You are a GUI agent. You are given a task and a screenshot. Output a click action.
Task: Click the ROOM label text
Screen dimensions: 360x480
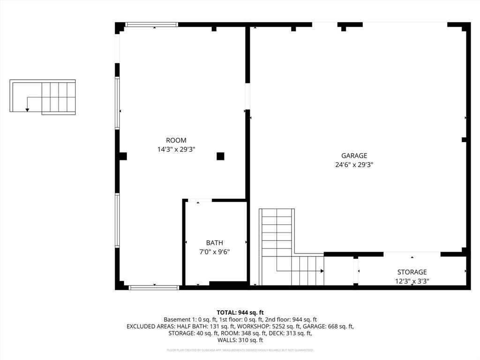click(176, 140)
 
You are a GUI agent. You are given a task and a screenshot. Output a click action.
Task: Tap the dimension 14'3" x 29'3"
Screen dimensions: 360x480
click(176, 150)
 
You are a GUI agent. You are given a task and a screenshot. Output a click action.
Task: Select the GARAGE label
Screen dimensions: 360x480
click(354, 156)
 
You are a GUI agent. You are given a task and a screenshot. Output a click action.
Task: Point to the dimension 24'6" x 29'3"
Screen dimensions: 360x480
click(354, 165)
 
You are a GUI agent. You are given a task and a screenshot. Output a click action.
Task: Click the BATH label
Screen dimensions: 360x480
click(215, 243)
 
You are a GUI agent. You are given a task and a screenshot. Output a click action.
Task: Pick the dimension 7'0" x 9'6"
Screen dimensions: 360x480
click(215, 252)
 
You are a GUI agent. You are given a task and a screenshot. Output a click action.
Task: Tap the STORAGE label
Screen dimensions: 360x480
click(412, 272)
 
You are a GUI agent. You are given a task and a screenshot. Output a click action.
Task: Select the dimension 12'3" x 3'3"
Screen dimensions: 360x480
click(412, 281)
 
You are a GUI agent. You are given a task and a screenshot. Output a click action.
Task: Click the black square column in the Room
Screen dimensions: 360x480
click(220, 157)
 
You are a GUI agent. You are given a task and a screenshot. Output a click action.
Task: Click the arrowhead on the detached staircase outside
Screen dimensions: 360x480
click(27, 110)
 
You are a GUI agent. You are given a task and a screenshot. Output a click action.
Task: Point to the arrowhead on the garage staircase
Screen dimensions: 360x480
click(322, 271)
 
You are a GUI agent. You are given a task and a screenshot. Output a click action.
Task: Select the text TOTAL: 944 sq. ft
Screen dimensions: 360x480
click(240, 312)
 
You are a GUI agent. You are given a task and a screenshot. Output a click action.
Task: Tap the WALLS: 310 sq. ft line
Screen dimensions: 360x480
click(240, 340)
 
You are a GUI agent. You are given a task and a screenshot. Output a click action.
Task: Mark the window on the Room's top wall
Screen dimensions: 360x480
click(151, 24)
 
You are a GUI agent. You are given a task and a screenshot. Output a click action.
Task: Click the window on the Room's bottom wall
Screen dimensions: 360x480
click(154, 287)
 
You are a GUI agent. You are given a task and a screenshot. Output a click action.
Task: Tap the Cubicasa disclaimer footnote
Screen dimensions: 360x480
click(240, 350)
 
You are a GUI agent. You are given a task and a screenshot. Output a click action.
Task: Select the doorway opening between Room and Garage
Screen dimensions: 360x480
click(247, 97)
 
